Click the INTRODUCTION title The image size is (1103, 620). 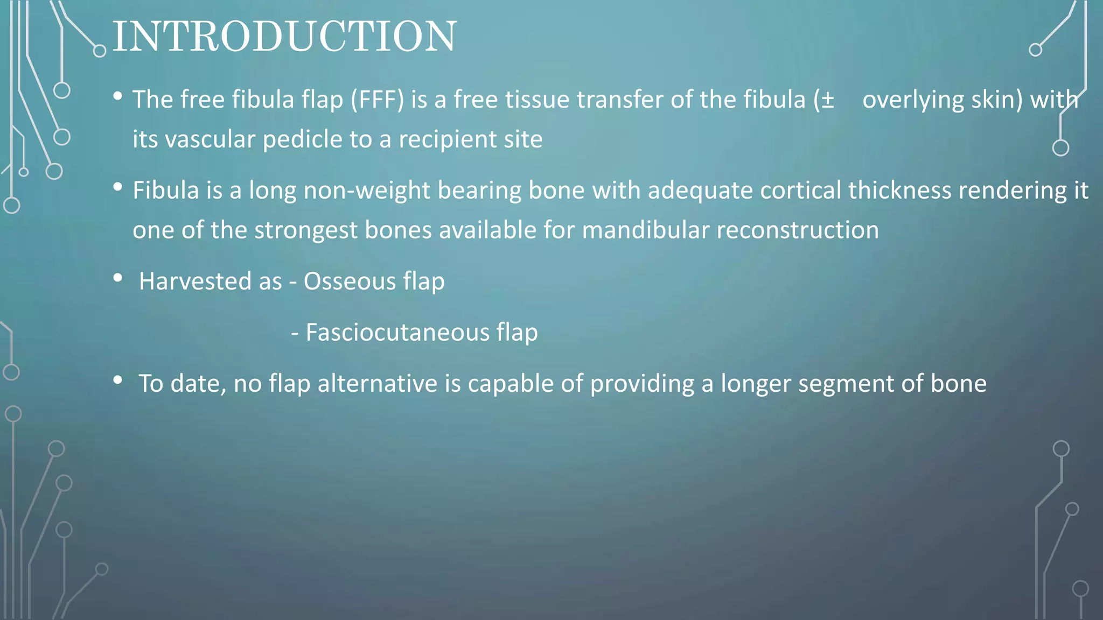click(x=284, y=37)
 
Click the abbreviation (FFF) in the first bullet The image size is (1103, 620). click(x=377, y=100)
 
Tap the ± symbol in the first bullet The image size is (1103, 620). click(x=828, y=100)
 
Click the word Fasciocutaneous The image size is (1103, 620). click(x=397, y=333)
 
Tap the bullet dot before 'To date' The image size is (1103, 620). click(x=118, y=381)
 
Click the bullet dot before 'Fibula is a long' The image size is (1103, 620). click(x=118, y=187)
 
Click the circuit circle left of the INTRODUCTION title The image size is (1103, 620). click(x=100, y=51)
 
